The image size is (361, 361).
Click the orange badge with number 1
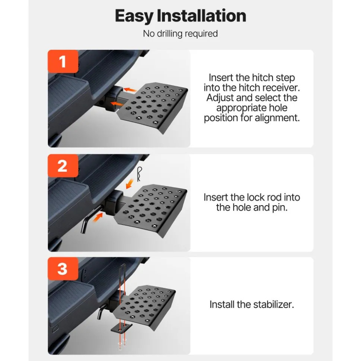63,61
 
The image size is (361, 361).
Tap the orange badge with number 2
63,166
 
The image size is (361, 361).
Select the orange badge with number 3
63,269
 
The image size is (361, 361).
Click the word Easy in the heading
134,16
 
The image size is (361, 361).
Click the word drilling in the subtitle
170,33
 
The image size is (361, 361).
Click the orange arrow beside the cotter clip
130,184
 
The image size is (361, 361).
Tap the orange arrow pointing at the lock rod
98,218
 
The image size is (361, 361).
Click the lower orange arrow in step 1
117,104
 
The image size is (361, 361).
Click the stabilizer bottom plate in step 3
121,328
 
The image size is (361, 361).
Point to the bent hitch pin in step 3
101,311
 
